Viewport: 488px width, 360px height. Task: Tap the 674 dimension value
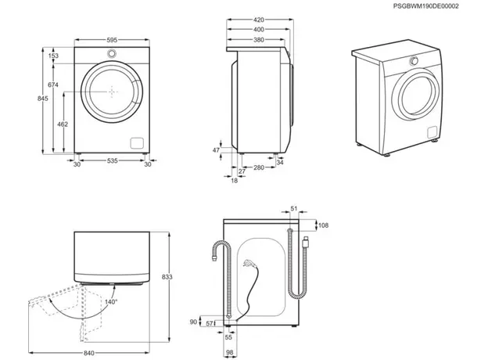click(x=53, y=85)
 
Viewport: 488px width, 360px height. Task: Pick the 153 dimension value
click(x=53, y=56)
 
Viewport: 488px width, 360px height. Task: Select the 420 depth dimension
click(x=257, y=20)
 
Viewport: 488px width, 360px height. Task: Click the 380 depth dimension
click(x=257, y=40)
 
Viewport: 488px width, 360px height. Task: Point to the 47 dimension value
click(x=217, y=149)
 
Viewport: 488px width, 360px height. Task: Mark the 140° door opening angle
click(x=111, y=301)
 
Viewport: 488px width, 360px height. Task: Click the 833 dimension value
click(x=179, y=277)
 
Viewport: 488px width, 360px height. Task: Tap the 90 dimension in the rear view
click(x=193, y=322)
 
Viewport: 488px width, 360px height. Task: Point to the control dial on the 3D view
click(x=413, y=62)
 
